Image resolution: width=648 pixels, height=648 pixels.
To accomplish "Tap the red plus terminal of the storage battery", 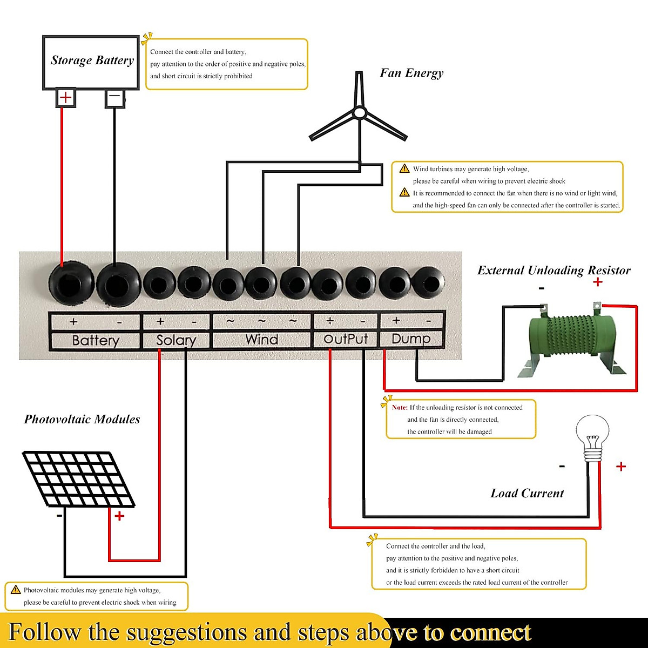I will click(x=65, y=98).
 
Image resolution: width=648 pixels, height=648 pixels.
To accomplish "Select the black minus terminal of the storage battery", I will click(x=114, y=98).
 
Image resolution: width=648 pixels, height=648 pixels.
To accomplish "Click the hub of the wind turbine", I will click(x=360, y=113).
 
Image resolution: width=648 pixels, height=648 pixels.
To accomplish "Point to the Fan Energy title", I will click(x=411, y=73).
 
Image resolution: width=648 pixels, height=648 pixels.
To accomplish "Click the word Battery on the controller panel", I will click(x=95, y=340).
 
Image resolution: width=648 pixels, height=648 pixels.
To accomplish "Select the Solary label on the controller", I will click(x=175, y=340).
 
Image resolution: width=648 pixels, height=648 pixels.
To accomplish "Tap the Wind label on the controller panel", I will click(x=262, y=340).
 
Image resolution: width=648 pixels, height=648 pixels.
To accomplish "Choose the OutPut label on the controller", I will click(x=346, y=339).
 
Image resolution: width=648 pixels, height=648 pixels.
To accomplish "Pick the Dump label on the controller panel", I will click(x=411, y=339).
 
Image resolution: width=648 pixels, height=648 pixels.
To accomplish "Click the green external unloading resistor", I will click(x=571, y=340).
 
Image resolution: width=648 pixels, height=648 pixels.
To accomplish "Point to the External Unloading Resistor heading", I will click(x=553, y=270).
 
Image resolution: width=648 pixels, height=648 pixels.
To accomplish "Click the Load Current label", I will click(x=527, y=493).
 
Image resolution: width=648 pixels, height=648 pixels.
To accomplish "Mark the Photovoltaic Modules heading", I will click(x=82, y=419).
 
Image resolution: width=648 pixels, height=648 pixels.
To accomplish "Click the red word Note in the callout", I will click(x=400, y=408).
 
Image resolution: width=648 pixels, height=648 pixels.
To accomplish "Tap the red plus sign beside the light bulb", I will click(x=621, y=467).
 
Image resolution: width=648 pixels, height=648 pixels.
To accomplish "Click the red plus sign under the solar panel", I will click(x=119, y=516).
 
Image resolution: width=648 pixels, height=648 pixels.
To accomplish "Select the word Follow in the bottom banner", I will click(x=44, y=632).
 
